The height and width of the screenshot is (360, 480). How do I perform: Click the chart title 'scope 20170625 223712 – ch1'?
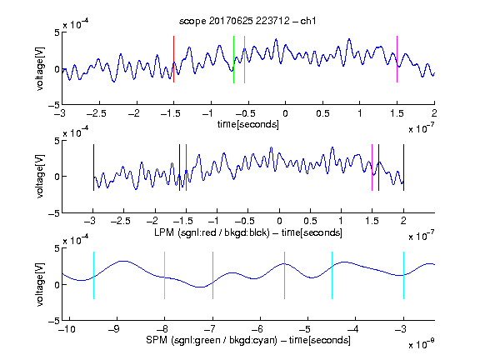coord(247,21)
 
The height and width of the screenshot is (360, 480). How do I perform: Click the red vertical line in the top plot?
coord(173,59)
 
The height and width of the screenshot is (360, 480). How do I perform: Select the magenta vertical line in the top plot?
coord(397,59)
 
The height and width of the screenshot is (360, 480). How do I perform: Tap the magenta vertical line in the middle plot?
coord(372,167)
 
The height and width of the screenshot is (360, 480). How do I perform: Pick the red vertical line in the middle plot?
coord(186,167)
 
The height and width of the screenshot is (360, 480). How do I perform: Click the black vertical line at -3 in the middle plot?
coord(93,167)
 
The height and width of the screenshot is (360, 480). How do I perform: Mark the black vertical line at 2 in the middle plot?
coord(404,167)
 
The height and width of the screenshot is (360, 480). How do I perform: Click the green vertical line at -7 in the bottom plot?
coord(212,275)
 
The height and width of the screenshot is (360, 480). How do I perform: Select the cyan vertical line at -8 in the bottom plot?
coord(165,275)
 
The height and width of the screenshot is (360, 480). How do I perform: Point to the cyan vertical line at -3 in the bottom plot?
coord(404,275)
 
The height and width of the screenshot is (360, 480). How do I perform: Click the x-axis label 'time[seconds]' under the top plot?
coord(248,125)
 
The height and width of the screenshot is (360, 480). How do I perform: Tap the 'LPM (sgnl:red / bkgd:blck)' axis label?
coord(212,232)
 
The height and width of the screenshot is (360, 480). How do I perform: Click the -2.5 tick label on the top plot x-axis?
coord(97,113)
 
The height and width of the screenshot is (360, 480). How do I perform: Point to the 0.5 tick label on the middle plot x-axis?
coord(310,221)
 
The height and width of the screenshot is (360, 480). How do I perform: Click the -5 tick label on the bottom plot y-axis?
coord(54,321)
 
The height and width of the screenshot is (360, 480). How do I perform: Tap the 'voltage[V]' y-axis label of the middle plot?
coord(40,177)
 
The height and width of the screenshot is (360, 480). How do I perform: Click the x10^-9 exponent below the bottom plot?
coord(422,344)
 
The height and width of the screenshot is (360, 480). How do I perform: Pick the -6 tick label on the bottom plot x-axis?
coord(259,329)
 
